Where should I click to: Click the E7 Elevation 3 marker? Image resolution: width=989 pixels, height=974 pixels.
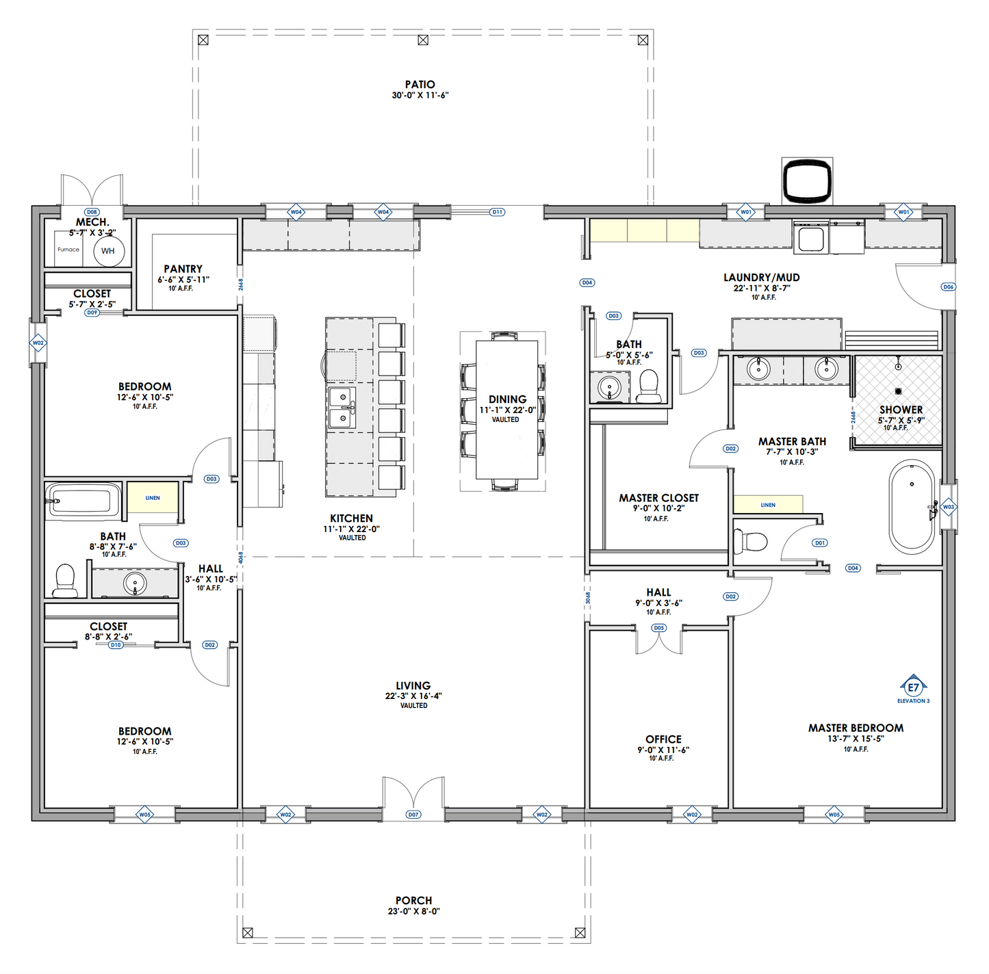pos(913,687)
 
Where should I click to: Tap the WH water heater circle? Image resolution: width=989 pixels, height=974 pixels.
pos(108,251)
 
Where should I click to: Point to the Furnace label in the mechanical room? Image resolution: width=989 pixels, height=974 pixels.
pos(68,250)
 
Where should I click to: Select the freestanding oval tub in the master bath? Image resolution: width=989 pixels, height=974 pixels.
pos(911,506)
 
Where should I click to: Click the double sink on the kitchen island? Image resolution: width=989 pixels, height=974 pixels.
pos(342,408)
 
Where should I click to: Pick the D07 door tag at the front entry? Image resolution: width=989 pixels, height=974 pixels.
pos(413,815)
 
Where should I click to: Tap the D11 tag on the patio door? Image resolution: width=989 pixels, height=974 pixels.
pos(498,212)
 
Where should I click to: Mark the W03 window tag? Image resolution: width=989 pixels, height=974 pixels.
pos(948,507)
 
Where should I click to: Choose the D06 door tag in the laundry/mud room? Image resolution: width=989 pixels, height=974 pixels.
pos(948,287)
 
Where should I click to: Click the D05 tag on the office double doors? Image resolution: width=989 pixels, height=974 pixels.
pos(658,628)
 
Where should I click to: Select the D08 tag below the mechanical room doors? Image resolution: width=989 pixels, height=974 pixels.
pos(92,212)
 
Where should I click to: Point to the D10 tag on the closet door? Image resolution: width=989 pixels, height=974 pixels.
pos(116,645)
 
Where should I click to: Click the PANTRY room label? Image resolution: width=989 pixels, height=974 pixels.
pos(183,269)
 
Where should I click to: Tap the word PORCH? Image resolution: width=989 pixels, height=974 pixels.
pos(413,901)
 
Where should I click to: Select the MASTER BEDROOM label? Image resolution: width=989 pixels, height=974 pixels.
pos(856,728)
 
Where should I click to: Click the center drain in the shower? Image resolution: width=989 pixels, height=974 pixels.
pos(898,391)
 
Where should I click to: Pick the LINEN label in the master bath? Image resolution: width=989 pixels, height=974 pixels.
pos(768,505)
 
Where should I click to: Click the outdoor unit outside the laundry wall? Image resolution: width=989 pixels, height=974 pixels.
pos(807,181)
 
